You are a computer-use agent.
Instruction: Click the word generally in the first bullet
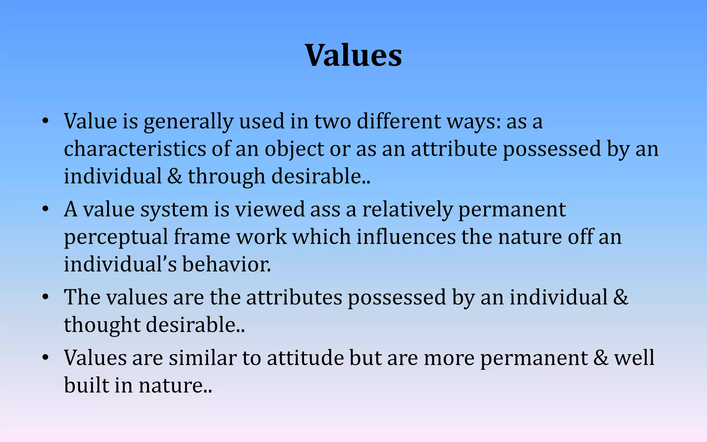188,122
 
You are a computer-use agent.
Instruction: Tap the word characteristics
135,149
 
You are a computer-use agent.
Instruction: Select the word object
294,150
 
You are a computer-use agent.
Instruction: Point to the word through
226,177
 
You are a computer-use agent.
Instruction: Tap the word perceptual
116,238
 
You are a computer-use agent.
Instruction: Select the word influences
406,237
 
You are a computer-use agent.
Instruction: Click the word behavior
226,265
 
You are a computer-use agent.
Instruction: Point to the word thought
102,325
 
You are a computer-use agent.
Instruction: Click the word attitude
305,358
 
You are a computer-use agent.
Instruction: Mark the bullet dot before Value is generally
45,122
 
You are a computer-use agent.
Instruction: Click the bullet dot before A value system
45,210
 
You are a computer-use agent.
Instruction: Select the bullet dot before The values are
45,298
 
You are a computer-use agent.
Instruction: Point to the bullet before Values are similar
45,358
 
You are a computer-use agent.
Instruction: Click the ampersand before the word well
601,358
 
